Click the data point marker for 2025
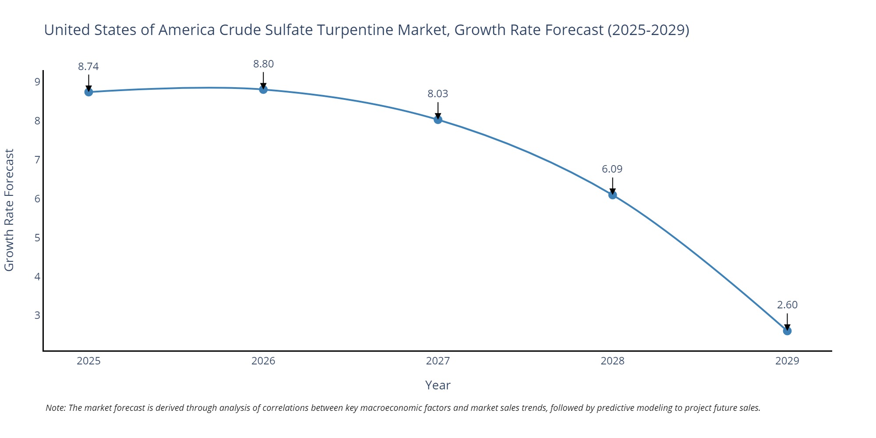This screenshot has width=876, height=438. (x=88, y=92)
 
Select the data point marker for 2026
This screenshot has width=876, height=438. (x=263, y=89)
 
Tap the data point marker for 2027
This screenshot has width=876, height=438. (x=438, y=120)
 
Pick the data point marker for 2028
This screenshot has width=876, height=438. (x=612, y=195)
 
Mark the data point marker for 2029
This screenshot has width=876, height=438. (x=787, y=331)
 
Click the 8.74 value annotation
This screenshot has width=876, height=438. (x=88, y=67)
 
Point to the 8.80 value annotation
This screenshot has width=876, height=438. (x=263, y=64)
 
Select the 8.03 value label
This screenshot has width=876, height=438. (x=438, y=94)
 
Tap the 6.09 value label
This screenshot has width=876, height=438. (x=612, y=169)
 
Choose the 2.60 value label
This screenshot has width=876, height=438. (x=787, y=305)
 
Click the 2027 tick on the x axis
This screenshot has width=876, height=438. (x=438, y=361)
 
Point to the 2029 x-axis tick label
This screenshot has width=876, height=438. (x=787, y=361)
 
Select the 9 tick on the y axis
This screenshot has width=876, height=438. (x=37, y=82)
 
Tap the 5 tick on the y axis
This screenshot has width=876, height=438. (x=37, y=238)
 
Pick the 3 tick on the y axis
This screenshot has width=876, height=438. (x=37, y=315)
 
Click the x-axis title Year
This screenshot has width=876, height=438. (x=438, y=385)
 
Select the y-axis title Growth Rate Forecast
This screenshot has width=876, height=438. (x=9, y=210)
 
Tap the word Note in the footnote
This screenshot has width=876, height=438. (x=55, y=408)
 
